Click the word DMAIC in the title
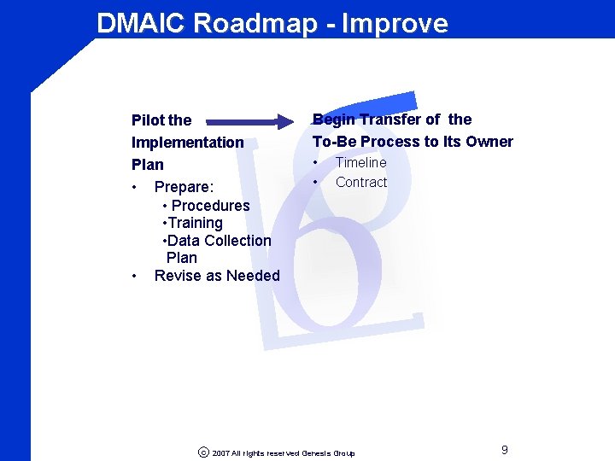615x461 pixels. [141, 23]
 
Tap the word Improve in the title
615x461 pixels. [394, 23]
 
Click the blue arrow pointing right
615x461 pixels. [249, 121]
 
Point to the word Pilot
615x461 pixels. [149, 120]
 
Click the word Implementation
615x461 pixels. [187, 143]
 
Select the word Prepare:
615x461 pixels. [184, 187]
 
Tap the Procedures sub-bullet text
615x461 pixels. [210, 205]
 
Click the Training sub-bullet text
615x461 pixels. [196, 223]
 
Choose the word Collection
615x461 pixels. [237, 241]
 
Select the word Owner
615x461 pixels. [489, 142]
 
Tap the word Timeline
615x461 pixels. [360, 162]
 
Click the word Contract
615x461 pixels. [361, 182]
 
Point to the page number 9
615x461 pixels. [505, 450]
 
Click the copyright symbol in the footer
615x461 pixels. [202, 452]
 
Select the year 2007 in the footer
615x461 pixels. [220, 453]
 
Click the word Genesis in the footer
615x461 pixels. [317, 453]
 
